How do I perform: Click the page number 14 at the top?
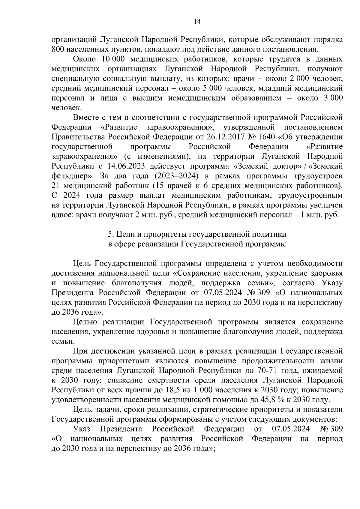click(x=197, y=22)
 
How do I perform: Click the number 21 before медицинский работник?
click(x=56, y=186)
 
